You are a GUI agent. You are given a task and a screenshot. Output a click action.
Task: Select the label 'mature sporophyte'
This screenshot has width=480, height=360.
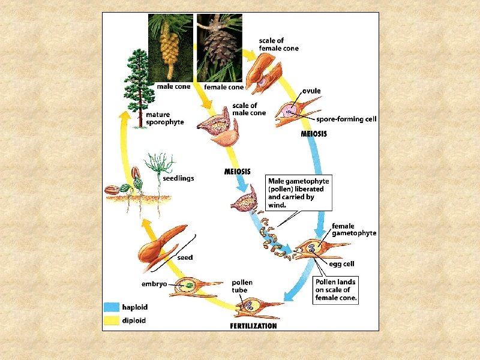[x=165, y=118]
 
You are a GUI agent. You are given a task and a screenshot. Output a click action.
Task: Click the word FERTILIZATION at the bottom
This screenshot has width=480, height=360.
[x=254, y=326]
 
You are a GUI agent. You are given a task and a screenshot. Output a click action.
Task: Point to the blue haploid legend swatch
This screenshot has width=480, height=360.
[x=112, y=307]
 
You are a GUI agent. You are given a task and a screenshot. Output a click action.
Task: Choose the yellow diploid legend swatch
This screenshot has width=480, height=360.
[x=112, y=320]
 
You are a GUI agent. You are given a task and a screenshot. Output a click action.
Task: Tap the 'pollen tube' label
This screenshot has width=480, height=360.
[x=242, y=286]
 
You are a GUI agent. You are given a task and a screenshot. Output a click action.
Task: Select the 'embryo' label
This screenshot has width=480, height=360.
[x=154, y=284]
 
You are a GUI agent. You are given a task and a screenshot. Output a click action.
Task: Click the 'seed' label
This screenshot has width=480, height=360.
[x=185, y=257]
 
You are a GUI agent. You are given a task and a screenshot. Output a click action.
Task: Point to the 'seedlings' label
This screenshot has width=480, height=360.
[x=179, y=178]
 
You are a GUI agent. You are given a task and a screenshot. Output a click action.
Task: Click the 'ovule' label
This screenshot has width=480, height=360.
[x=311, y=91]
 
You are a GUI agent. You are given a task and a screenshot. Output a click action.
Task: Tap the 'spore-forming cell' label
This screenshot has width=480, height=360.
[x=346, y=119]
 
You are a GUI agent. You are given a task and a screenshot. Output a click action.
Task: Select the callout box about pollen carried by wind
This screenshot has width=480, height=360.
[x=299, y=192]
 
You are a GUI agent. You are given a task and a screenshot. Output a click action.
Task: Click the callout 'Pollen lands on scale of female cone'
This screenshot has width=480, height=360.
[x=336, y=290]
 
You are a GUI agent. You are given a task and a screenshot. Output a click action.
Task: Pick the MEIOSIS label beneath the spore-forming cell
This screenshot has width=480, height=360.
[x=314, y=134]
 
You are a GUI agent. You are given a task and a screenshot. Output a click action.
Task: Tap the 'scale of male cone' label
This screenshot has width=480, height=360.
[x=249, y=109]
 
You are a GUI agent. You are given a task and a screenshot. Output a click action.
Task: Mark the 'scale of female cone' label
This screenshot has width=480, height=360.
[x=278, y=44]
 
